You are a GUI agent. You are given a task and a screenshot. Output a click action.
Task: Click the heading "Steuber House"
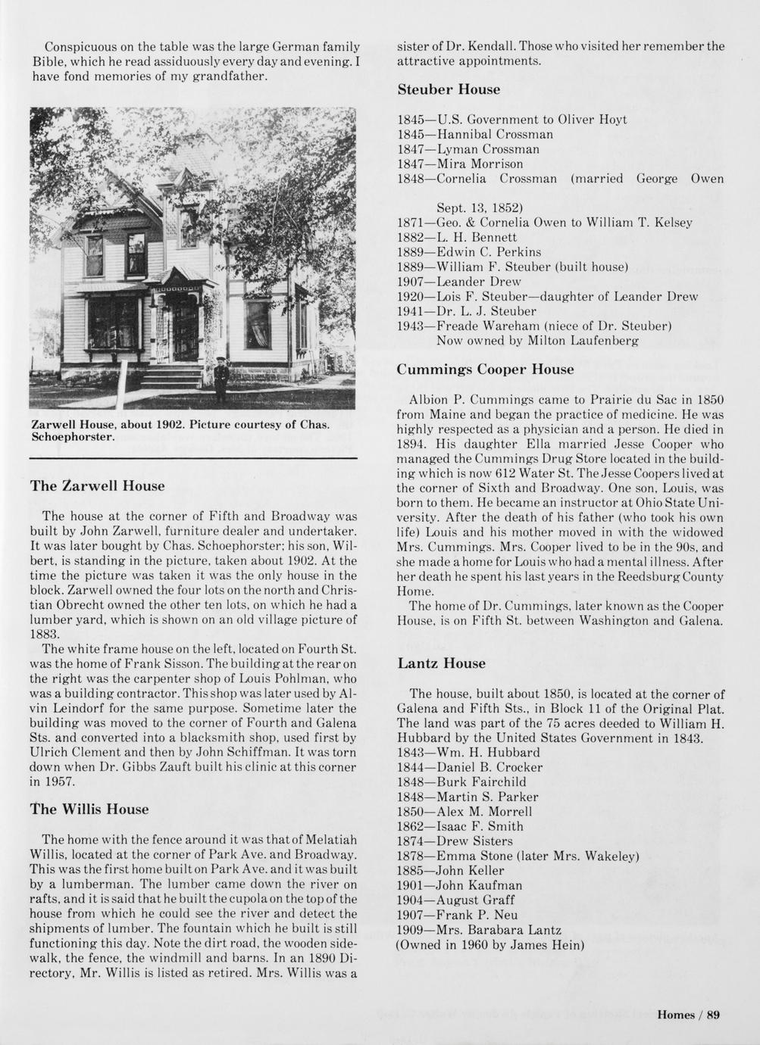[x=449, y=89]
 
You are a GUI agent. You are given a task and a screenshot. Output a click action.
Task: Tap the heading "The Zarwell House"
[x=97, y=485]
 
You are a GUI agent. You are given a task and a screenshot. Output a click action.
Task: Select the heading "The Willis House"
[x=89, y=809]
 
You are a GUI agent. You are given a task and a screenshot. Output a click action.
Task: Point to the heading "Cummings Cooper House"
[x=485, y=370]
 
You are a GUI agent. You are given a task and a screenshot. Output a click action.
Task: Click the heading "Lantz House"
[x=441, y=663]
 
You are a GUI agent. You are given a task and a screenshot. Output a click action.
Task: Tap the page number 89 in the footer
[x=713, y=1015]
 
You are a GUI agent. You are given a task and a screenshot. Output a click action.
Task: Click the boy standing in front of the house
[x=220, y=379]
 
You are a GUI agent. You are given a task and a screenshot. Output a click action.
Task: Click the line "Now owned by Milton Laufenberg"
[x=537, y=341]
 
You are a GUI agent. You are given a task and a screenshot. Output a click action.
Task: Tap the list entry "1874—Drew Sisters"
[x=455, y=841]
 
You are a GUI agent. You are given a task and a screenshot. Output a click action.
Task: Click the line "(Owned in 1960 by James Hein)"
[x=489, y=944]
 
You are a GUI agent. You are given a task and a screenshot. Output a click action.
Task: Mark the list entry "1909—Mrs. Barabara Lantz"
[x=479, y=930]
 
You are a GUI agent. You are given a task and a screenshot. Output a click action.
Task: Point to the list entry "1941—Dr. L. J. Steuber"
[x=467, y=311]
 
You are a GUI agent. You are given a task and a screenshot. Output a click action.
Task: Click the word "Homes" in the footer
[x=676, y=1015]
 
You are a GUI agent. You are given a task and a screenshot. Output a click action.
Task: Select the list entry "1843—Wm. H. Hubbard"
[x=468, y=752]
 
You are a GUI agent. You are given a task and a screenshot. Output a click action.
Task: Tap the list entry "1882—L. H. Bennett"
[x=457, y=237]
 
